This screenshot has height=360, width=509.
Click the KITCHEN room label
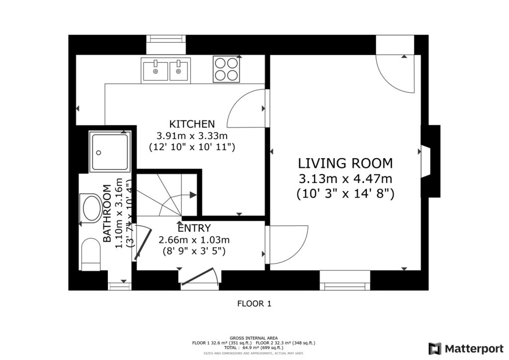point(192,124)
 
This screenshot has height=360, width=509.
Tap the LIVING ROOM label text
point(345,163)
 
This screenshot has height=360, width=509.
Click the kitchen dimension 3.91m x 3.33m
point(192,136)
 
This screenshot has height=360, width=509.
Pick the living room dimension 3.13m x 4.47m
point(345,179)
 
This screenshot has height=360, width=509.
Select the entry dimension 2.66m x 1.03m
point(194,240)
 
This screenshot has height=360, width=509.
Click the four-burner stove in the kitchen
point(226,69)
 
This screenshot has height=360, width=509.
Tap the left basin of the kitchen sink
point(156,70)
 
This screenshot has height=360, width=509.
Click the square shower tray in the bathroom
point(109,152)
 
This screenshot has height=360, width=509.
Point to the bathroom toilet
point(90,254)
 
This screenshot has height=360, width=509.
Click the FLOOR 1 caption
point(254,303)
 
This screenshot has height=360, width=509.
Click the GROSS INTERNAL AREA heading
point(254,338)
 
